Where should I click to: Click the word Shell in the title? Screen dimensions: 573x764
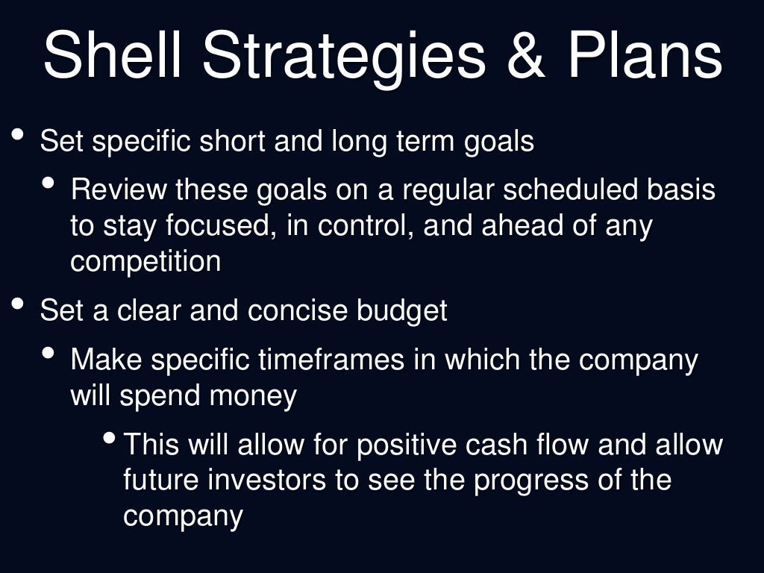click(112, 56)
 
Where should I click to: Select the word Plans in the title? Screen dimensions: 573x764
click(645, 56)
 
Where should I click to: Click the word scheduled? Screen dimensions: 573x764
click(569, 190)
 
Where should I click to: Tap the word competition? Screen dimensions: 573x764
click(145, 262)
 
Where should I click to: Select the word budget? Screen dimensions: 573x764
click(402, 310)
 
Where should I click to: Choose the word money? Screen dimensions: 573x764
click(253, 396)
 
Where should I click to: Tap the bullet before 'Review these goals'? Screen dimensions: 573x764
click(49, 183)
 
